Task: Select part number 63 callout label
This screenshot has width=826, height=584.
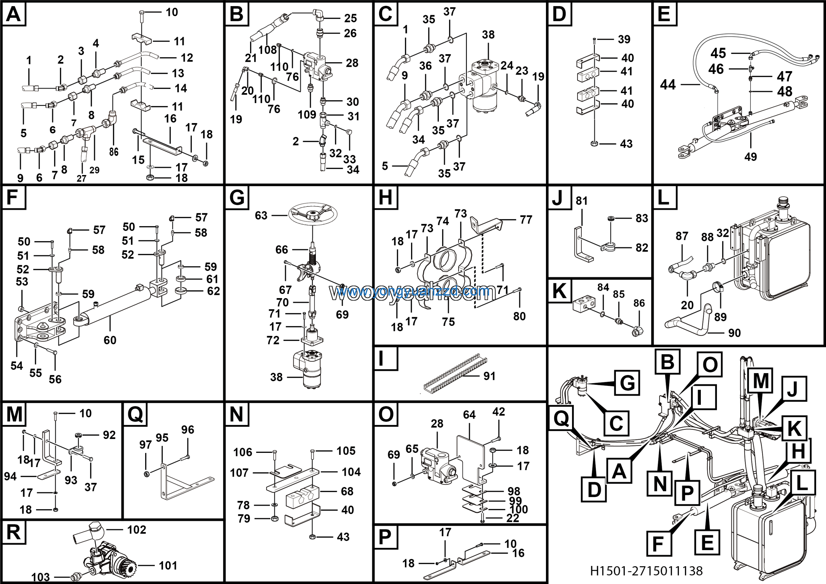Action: pyautogui.click(x=261, y=216)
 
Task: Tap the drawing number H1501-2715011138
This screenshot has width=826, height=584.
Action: pyautogui.click(x=646, y=571)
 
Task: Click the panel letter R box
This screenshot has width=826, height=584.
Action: pyautogui.click(x=14, y=532)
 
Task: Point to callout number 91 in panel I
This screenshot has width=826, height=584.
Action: pyautogui.click(x=489, y=376)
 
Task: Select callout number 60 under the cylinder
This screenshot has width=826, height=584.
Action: pyautogui.click(x=110, y=340)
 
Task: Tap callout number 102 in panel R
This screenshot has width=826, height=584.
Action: pyautogui.click(x=137, y=530)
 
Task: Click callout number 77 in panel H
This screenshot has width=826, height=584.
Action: pyautogui.click(x=526, y=220)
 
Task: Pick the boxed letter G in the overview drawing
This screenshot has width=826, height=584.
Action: pyautogui.click(x=627, y=383)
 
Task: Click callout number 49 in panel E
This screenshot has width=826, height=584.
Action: pyautogui.click(x=750, y=157)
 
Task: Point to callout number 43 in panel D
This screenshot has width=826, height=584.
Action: pyautogui.click(x=626, y=144)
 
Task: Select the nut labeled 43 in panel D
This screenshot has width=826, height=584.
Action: pyautogui.click(x=594, y=144)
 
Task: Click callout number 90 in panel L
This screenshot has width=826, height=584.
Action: pyautogui.click(x=734, y=333)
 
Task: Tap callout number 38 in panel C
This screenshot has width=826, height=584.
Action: pyautogui.click(x=488, y=35)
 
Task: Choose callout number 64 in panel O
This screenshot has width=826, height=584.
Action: pyautogui.click(x=469, y=415)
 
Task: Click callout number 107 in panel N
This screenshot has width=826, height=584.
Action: pyautogui.click(x=239, y=473)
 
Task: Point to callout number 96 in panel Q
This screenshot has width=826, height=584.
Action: pyautogui.click(x=187, y=430)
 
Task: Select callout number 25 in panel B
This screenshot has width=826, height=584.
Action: pyautogui.click(x=350, y=18)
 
